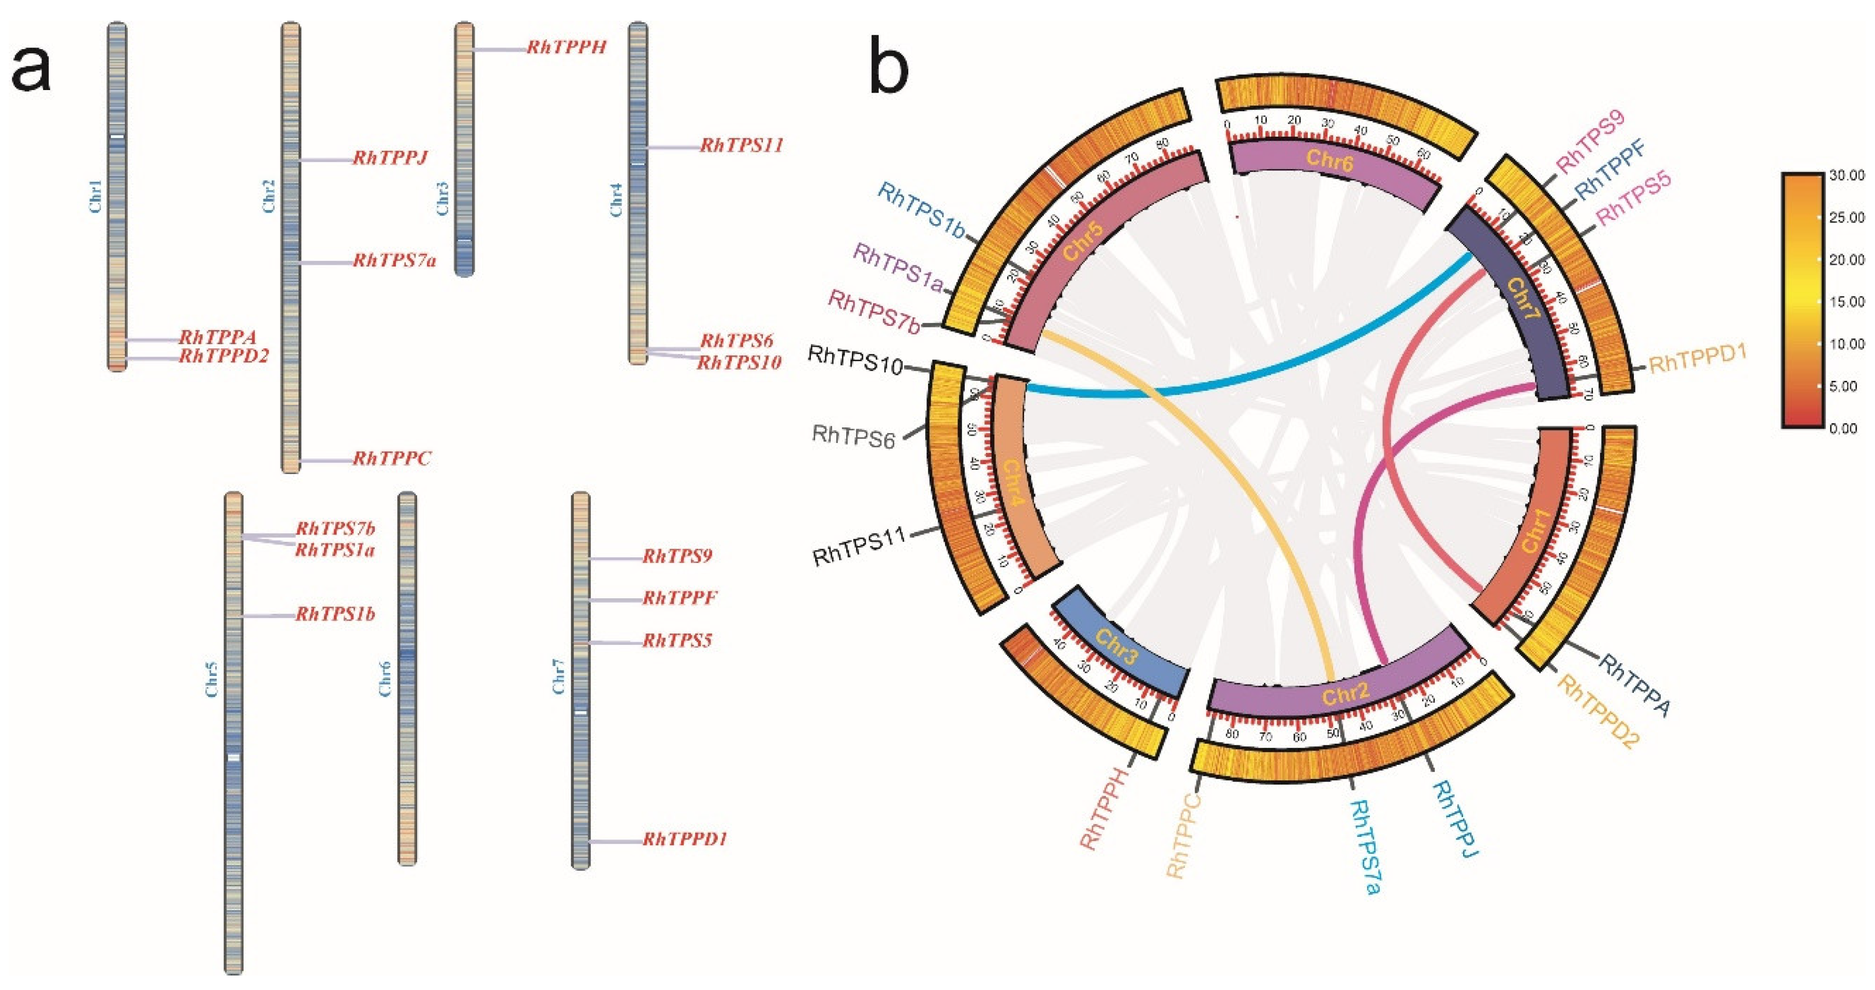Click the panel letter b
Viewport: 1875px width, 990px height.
(890, 70)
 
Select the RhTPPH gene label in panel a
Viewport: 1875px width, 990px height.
(566, 48)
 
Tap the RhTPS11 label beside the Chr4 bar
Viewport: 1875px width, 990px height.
(741, 145)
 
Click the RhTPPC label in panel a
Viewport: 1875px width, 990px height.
(392, 459)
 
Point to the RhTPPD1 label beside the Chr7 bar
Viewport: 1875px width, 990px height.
(684, 839)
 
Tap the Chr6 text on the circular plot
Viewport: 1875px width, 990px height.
(1329, 159)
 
